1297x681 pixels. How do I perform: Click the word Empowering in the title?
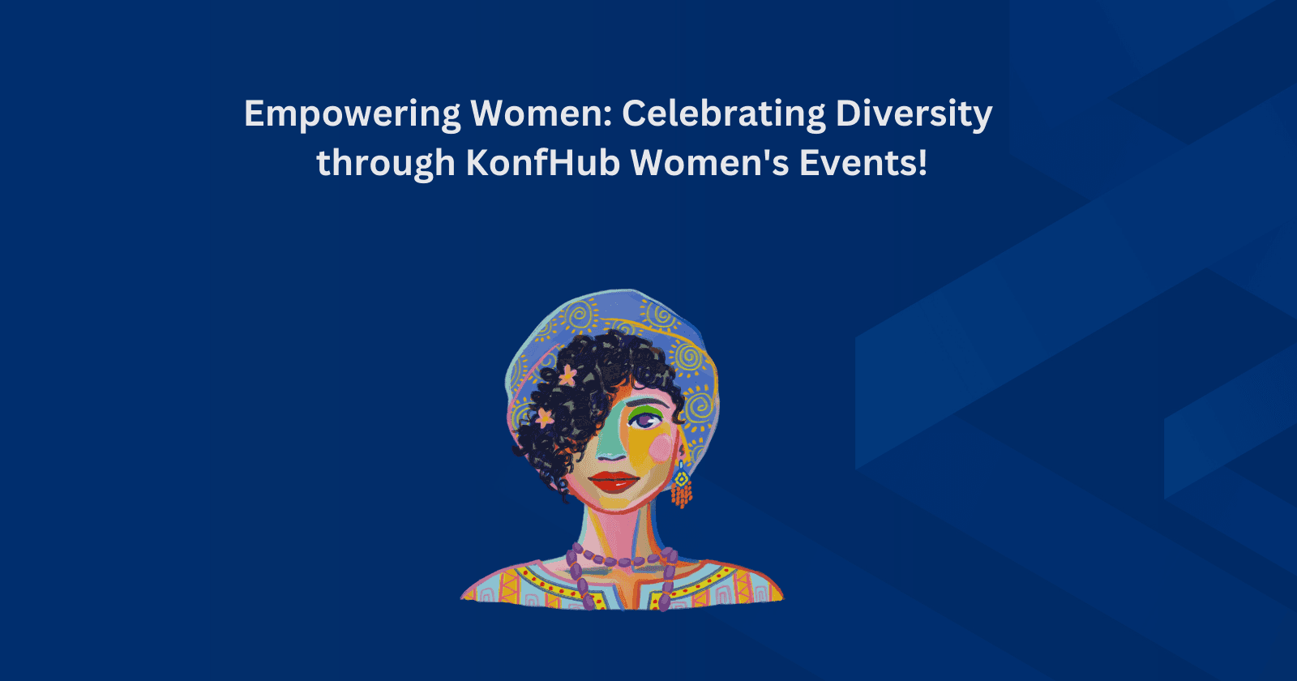click(352, 115)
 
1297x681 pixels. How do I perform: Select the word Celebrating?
click(723, 115)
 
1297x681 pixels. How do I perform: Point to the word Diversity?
click(914, 115)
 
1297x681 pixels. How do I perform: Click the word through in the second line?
click(385, 165)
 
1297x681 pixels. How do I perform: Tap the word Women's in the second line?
click(709, 163)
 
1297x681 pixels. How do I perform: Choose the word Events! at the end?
click(863, 163)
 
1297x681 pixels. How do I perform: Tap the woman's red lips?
click(614, 482)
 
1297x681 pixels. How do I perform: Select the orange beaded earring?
click(682, 486)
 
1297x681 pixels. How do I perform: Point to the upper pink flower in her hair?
click(568, 375)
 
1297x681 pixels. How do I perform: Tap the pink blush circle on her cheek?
click(661, 448)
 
